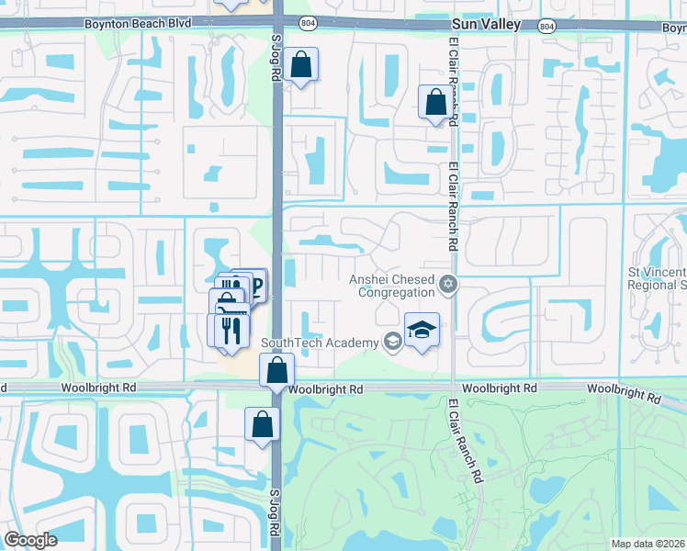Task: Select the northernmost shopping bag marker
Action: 300,65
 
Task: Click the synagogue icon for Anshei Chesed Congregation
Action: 448,284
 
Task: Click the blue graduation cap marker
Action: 422,331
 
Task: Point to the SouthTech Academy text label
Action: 320,343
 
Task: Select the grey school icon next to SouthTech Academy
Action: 392,343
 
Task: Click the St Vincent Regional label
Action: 656,278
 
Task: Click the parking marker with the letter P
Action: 254,287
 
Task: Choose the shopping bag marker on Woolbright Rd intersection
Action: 276,371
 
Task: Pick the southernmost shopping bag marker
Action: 262,425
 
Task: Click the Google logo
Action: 30,540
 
